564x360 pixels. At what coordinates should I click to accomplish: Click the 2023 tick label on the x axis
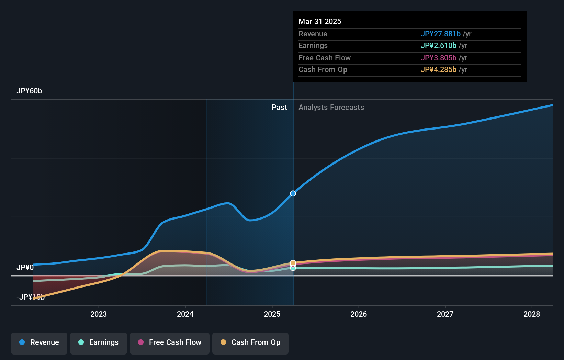point(99,314)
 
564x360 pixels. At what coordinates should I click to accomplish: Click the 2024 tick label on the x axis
point(185,314)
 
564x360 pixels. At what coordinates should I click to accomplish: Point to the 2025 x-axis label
point(272,314)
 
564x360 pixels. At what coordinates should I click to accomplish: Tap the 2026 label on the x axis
point(359,314)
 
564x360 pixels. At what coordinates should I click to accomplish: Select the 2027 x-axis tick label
point(445,314)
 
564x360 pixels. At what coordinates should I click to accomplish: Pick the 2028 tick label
point(532,314)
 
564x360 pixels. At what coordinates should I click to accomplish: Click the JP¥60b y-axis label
point(29,91)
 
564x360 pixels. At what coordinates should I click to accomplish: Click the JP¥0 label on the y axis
point(25,267)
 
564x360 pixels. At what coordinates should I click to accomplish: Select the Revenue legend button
point(39,342)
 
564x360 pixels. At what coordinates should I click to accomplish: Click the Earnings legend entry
point(99,342)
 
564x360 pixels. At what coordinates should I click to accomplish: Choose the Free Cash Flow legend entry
point(170,342)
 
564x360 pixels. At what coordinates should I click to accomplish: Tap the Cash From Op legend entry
point(250,342)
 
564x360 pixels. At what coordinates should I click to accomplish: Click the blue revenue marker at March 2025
point(293,193)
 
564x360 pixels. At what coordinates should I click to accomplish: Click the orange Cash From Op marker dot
point(293,263)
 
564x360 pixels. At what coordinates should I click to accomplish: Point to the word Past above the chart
point(279,108)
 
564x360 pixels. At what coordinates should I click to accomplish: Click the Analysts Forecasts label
point(331,108)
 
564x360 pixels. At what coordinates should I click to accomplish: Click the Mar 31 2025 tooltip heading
point(320,22)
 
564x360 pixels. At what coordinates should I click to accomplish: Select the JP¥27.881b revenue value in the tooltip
point(440,34)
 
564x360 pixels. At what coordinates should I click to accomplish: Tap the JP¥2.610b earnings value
point(438,46)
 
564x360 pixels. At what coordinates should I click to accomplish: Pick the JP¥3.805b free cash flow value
point(438,58)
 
